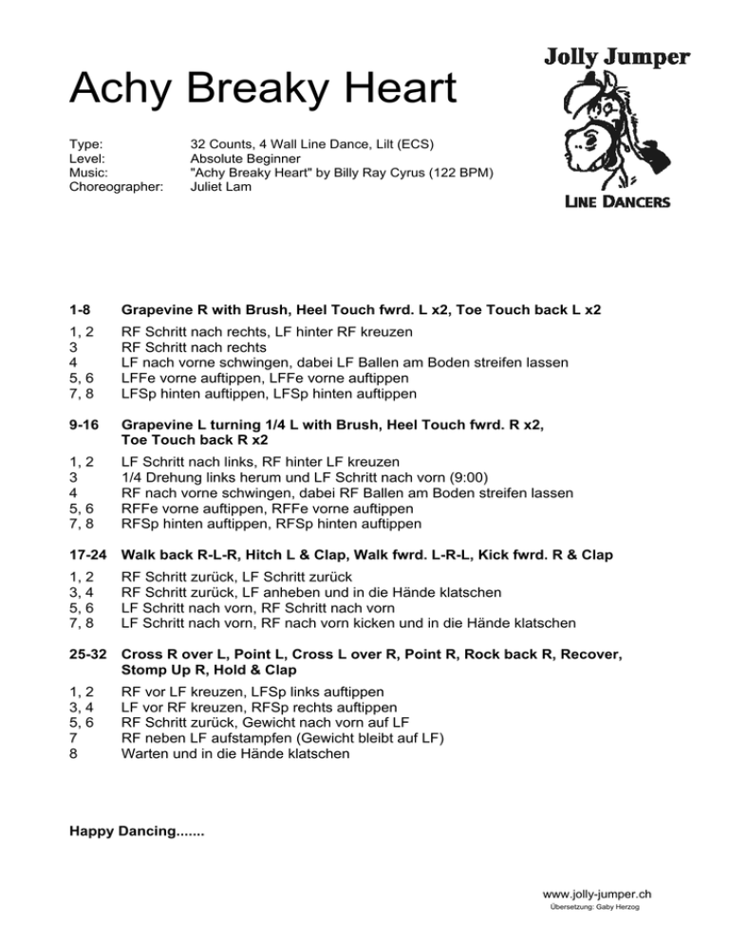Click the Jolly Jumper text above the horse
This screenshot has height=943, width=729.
pos(616,58)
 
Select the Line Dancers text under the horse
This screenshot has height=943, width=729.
pos(617,201)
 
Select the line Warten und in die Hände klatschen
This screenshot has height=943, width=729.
pos(235,754)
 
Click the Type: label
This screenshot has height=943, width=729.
pos(87,143)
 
